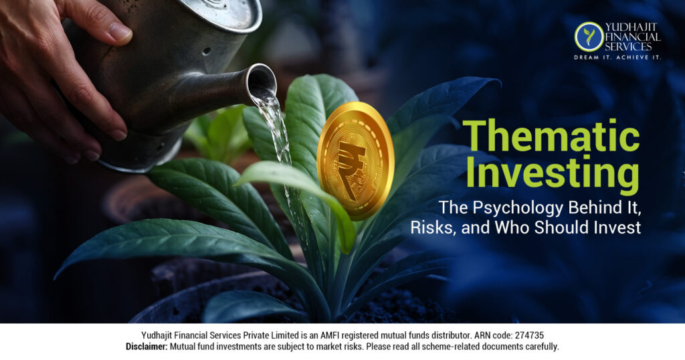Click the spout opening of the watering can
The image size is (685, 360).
262,82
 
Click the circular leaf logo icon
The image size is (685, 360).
589,36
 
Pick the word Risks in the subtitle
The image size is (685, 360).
460,228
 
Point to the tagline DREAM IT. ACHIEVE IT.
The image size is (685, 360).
617,58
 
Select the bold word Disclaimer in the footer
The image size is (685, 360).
146,347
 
